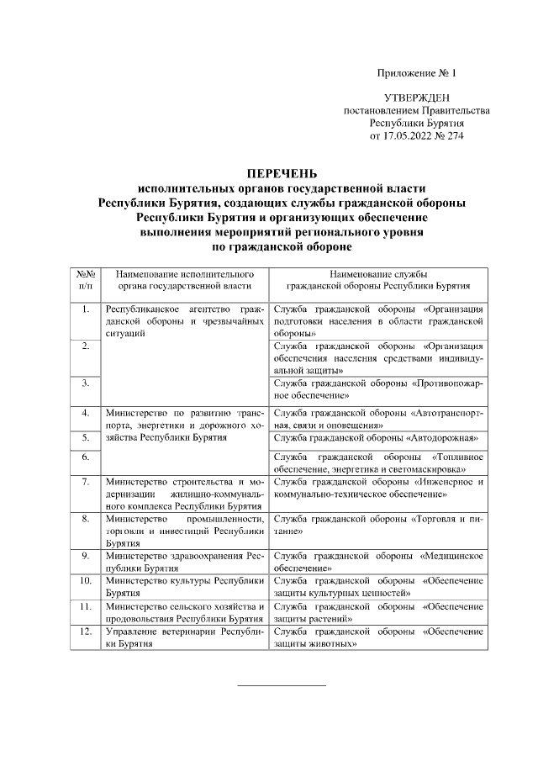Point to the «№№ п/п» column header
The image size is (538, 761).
click(x=85, y=280)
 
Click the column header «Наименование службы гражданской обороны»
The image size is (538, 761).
click(x=377, y=280)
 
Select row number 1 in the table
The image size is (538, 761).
click(x=85, y=309)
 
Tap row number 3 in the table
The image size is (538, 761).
click(x=85, y=383)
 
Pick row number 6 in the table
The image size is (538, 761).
click(x=85, y=457)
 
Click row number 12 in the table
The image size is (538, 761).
click(x=85, y=630)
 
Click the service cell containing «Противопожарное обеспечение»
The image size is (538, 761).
click(x=377, y=388)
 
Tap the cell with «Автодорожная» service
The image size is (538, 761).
click(x=377, y=437)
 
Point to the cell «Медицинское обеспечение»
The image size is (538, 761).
click(x=377, y=562)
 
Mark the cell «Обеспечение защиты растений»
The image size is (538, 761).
click(x=377, y=611)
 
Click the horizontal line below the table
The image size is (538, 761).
click(x=282, y=686)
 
